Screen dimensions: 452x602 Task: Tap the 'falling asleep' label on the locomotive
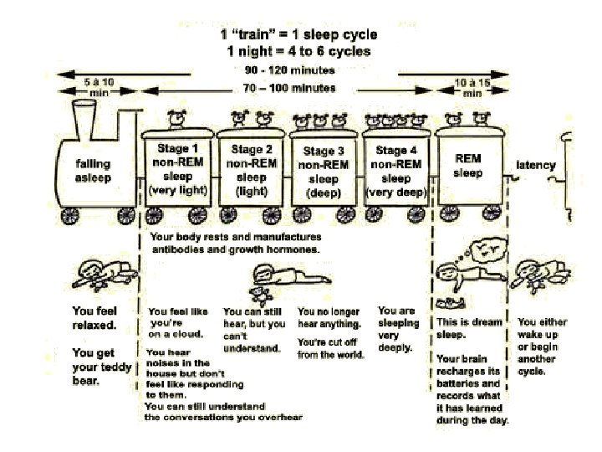[93, 170]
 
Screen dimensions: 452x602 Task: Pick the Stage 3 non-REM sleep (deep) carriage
[323, 170]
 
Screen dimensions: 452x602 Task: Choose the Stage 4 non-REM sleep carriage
[395, 170]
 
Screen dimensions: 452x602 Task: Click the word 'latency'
[536, 165]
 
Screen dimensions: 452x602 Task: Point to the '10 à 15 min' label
[472, 87]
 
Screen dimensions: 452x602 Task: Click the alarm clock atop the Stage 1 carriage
[177, 119]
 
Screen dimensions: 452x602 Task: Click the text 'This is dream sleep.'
[468, 327]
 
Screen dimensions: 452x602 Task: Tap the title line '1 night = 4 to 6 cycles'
[298, 51]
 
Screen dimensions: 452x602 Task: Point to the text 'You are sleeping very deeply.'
[397, 328]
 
